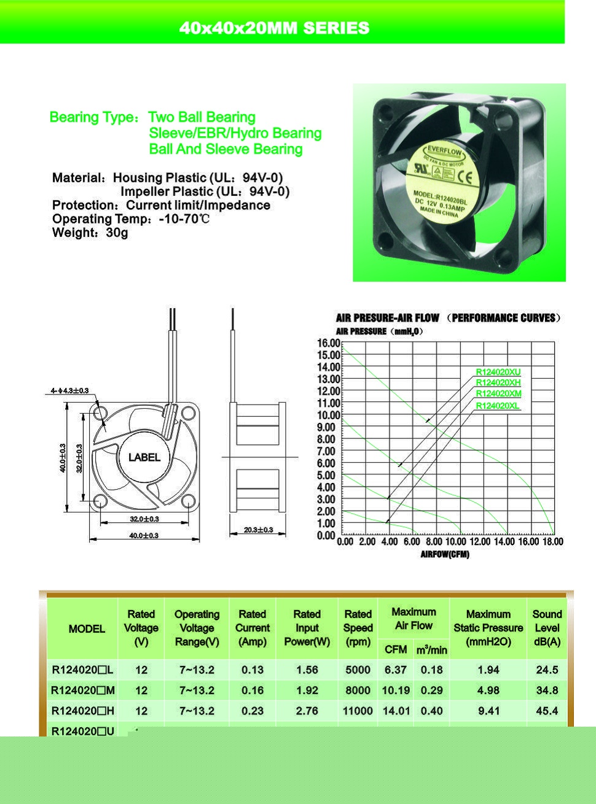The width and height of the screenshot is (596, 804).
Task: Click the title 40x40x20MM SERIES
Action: tap(275, 28)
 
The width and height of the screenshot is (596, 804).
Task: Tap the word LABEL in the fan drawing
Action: tap(144, 457)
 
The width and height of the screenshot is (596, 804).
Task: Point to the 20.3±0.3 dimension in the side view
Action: tap(258, 530)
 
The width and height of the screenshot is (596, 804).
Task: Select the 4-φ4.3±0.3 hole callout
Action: tap(70, 390)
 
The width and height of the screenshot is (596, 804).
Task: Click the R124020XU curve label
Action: tap(498, 372)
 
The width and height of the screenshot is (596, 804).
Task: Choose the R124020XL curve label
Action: tap(498, 406)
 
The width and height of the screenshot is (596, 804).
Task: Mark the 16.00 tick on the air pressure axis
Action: tap(328, 343)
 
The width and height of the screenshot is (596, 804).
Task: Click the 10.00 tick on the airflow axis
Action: tap(455, 542)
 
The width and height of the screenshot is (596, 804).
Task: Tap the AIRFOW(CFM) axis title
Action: tap(445, 555)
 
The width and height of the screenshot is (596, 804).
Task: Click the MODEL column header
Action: tap(87, 628)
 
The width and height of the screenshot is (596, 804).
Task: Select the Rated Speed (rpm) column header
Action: tap(358, 628)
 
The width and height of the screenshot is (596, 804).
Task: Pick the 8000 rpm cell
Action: tap(358, 690)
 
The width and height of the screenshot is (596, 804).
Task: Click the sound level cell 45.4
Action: tap(547, 711)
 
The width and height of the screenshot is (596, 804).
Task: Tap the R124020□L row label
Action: tap(82, 670)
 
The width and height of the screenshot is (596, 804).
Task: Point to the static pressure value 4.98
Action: tap(488, 690)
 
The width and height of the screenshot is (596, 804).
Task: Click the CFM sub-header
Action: tap(396, 649)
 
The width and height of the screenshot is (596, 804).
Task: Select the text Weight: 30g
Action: tap(90, 233)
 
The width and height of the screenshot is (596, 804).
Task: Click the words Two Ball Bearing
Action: tap(202, 117)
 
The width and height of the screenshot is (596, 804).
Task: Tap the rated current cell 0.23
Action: tap(252, 711)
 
